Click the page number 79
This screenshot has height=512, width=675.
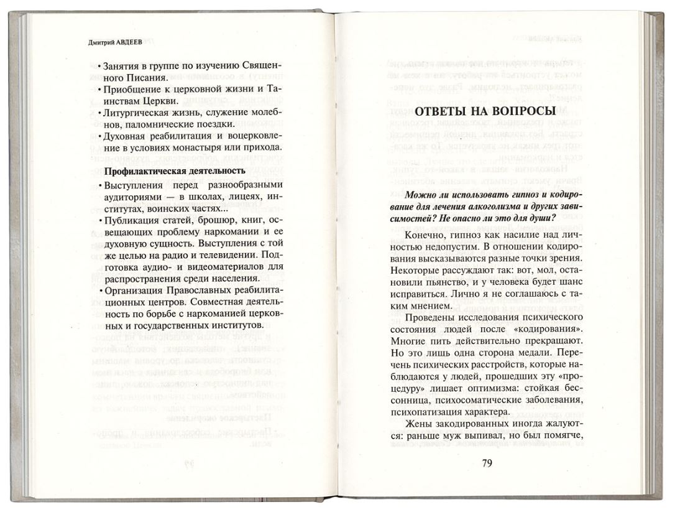[487, 463]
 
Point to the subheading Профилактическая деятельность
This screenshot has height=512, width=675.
[172, 171]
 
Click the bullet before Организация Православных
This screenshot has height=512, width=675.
[100, 291]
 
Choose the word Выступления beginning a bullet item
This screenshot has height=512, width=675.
[134, 185]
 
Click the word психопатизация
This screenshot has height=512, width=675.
[429, 411]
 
